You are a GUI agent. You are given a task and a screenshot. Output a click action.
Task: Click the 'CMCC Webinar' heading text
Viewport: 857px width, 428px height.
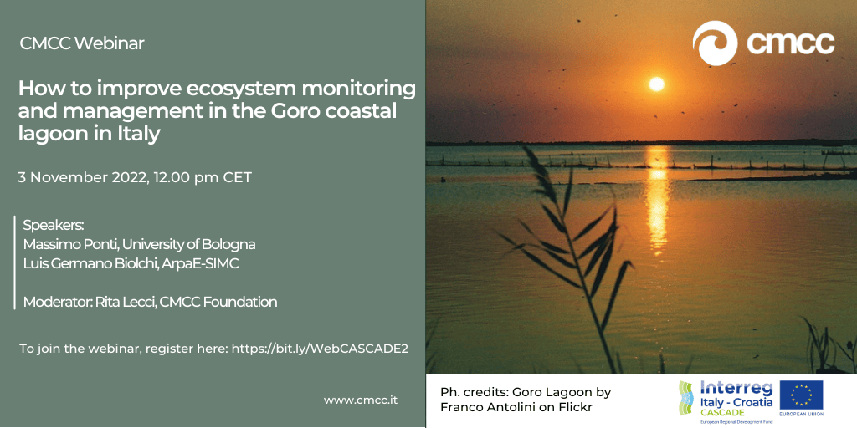82,43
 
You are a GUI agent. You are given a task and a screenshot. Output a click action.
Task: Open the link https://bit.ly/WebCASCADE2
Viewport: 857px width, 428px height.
320,349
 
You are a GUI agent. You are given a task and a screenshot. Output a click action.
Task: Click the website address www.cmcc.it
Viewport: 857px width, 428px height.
361,400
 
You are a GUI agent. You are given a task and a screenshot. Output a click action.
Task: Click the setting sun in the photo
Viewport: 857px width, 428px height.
656,84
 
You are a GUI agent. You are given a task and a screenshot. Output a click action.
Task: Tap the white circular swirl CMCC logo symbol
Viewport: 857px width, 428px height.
715,43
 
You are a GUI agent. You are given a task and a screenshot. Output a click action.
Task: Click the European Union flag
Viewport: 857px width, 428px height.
801,395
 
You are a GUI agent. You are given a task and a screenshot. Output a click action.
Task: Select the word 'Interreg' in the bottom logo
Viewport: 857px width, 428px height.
736,389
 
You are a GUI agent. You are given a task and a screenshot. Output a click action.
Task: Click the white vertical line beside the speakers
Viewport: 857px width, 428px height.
15,262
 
